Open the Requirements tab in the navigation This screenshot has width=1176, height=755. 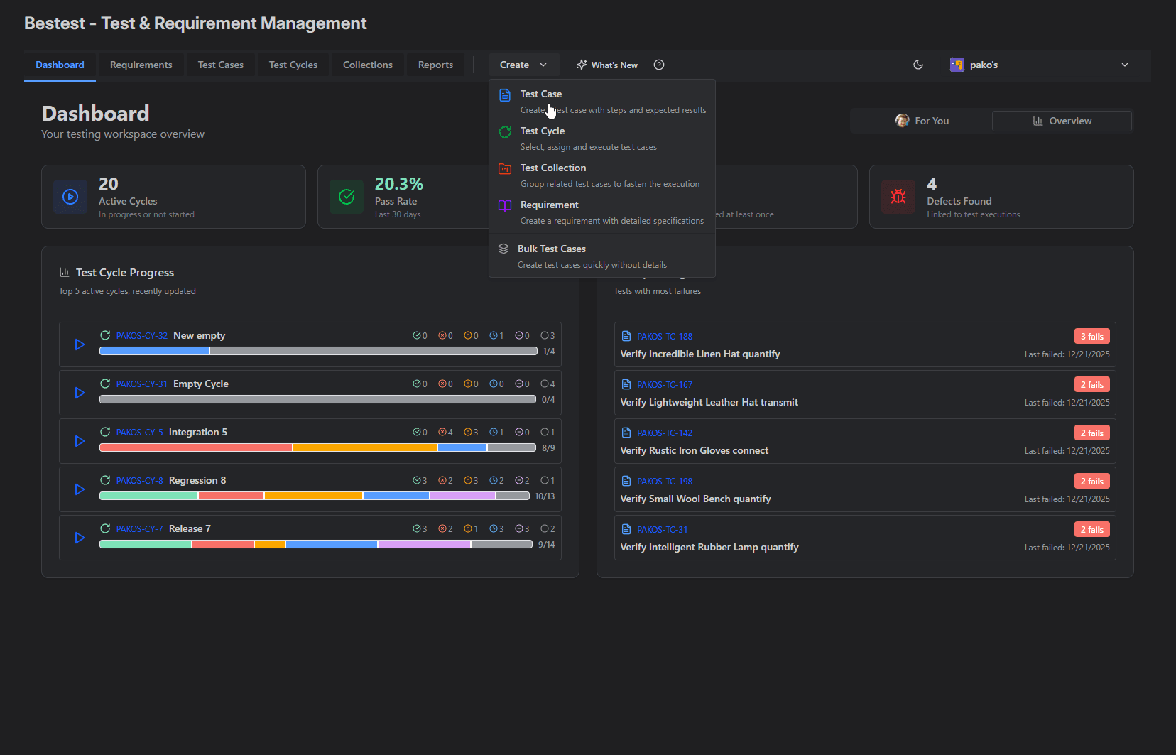click(141, 65)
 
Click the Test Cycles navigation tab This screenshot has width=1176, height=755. click(293, 65)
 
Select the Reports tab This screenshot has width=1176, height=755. click(435, 65)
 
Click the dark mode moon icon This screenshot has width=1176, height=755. click(918, 65)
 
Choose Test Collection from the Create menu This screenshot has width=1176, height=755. click(552, 168)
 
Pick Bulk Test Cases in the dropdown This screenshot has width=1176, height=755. click(551, 249)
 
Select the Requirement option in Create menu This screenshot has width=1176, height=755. click(549, 205)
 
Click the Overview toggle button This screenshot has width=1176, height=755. click(1062, 121)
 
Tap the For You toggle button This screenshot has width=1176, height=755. click(922, 121)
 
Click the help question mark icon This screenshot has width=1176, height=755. click(659, 65)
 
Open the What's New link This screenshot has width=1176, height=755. click(607, 65)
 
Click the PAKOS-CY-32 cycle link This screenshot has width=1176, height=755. click(142, 336)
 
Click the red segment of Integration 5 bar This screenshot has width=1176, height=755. click(195, 447)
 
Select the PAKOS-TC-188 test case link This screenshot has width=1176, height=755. click(664, 337)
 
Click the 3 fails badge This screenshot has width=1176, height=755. click(1091, 337)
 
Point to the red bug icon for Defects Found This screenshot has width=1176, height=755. click(898, 197)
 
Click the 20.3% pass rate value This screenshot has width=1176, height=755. click(398, 184)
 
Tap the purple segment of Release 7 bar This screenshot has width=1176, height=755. click(424, 544)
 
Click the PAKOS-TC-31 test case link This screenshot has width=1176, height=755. click(662, 530)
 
